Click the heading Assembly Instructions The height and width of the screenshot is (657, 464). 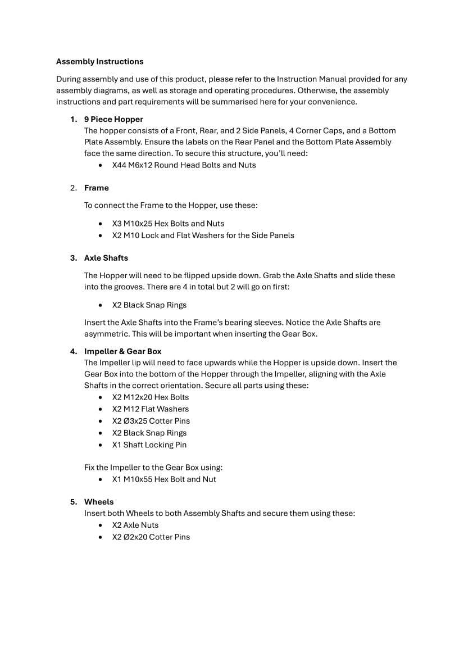click(99, 62)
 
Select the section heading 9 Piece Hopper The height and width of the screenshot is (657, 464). click(113, 119)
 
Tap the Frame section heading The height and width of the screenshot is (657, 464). click(97, 188)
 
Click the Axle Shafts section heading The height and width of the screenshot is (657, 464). click(106, 258)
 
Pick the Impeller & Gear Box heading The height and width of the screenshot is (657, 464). click(122, 351)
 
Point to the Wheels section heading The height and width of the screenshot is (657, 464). click(99, 502)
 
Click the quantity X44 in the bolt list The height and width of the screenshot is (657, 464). click(119, 165)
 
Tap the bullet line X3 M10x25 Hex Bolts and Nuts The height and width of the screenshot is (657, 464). click(168, 224)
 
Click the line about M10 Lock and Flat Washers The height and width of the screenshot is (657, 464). click(203, 235)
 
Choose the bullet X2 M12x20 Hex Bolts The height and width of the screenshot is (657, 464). click(151, 397)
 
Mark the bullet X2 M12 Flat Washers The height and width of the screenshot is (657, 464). click(151, 409)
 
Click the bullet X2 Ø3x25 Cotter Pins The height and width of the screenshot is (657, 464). click(151, 421)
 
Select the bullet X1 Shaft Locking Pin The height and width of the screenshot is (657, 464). click(149, 445)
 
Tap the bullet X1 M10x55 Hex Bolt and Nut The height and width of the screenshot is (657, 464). click(164, 479)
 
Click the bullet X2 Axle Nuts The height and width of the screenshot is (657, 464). click(135, 525)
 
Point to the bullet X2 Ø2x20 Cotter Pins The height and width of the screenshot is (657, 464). click(151, 537)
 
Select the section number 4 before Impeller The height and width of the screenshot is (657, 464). click(73, 351)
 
